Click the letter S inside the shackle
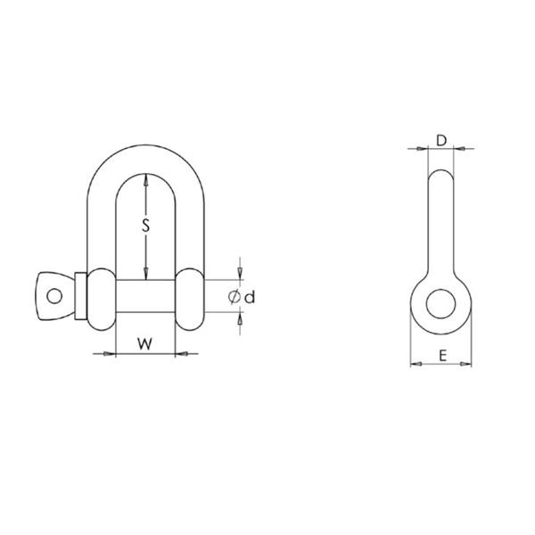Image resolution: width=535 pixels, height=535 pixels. [x=145, y=226]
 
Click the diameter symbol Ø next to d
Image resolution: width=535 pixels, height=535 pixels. [x=235, y=297]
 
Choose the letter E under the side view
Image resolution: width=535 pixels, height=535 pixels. [x=441, y=355]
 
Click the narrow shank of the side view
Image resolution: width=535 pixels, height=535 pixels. [x=440, y=223]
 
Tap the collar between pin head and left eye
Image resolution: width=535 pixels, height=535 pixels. [x=80, y=296]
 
